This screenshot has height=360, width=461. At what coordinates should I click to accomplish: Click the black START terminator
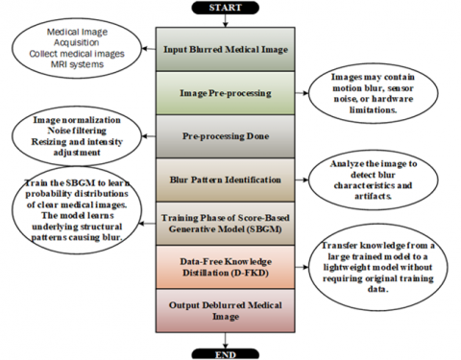[x=225, y=8]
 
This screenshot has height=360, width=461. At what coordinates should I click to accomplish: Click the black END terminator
[x=225, y=354]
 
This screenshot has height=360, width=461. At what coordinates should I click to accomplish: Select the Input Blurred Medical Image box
[x=226, y=49]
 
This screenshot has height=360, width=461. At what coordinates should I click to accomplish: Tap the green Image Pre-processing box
[x=226, y=93]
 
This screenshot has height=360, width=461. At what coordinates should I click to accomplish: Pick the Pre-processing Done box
[x=226, y=136]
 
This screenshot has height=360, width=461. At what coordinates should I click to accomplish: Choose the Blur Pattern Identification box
[x=226, y=180]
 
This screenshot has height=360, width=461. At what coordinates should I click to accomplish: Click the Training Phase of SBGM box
[x=226, y=224]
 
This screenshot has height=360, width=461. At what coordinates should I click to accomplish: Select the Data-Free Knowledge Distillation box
[x=226, y=267]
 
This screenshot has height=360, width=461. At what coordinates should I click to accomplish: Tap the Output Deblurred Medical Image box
[x=226, y=311]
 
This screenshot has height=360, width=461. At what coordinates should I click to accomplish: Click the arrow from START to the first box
[x=225, y=21]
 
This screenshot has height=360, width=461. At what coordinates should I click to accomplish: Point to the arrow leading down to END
[x=225, y=341]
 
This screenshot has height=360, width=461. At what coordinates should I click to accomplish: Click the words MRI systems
[x=77, y=64]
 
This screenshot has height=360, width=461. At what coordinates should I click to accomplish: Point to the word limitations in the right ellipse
[x=373, y=109]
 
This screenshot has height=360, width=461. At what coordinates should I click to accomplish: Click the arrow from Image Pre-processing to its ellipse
[x=302, y=93]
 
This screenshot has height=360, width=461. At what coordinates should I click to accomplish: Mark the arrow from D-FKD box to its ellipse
[x=302, y=267]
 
